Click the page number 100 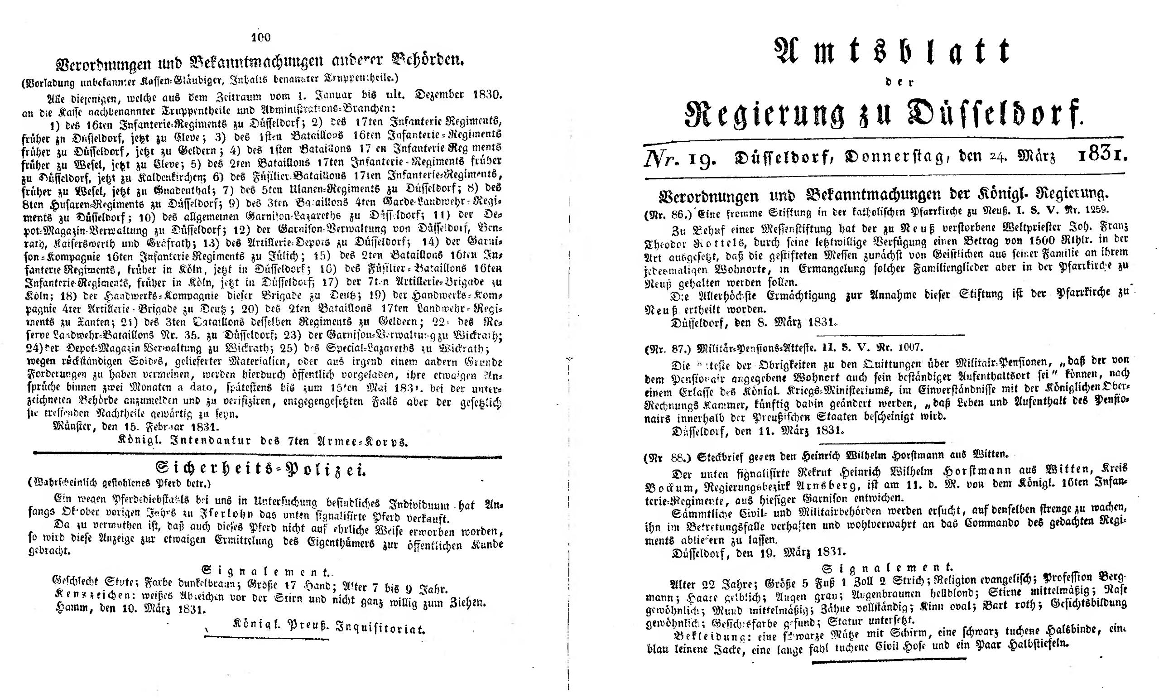[261, 37]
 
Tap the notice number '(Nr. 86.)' [664, 214]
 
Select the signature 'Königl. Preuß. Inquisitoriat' [329, 629]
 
